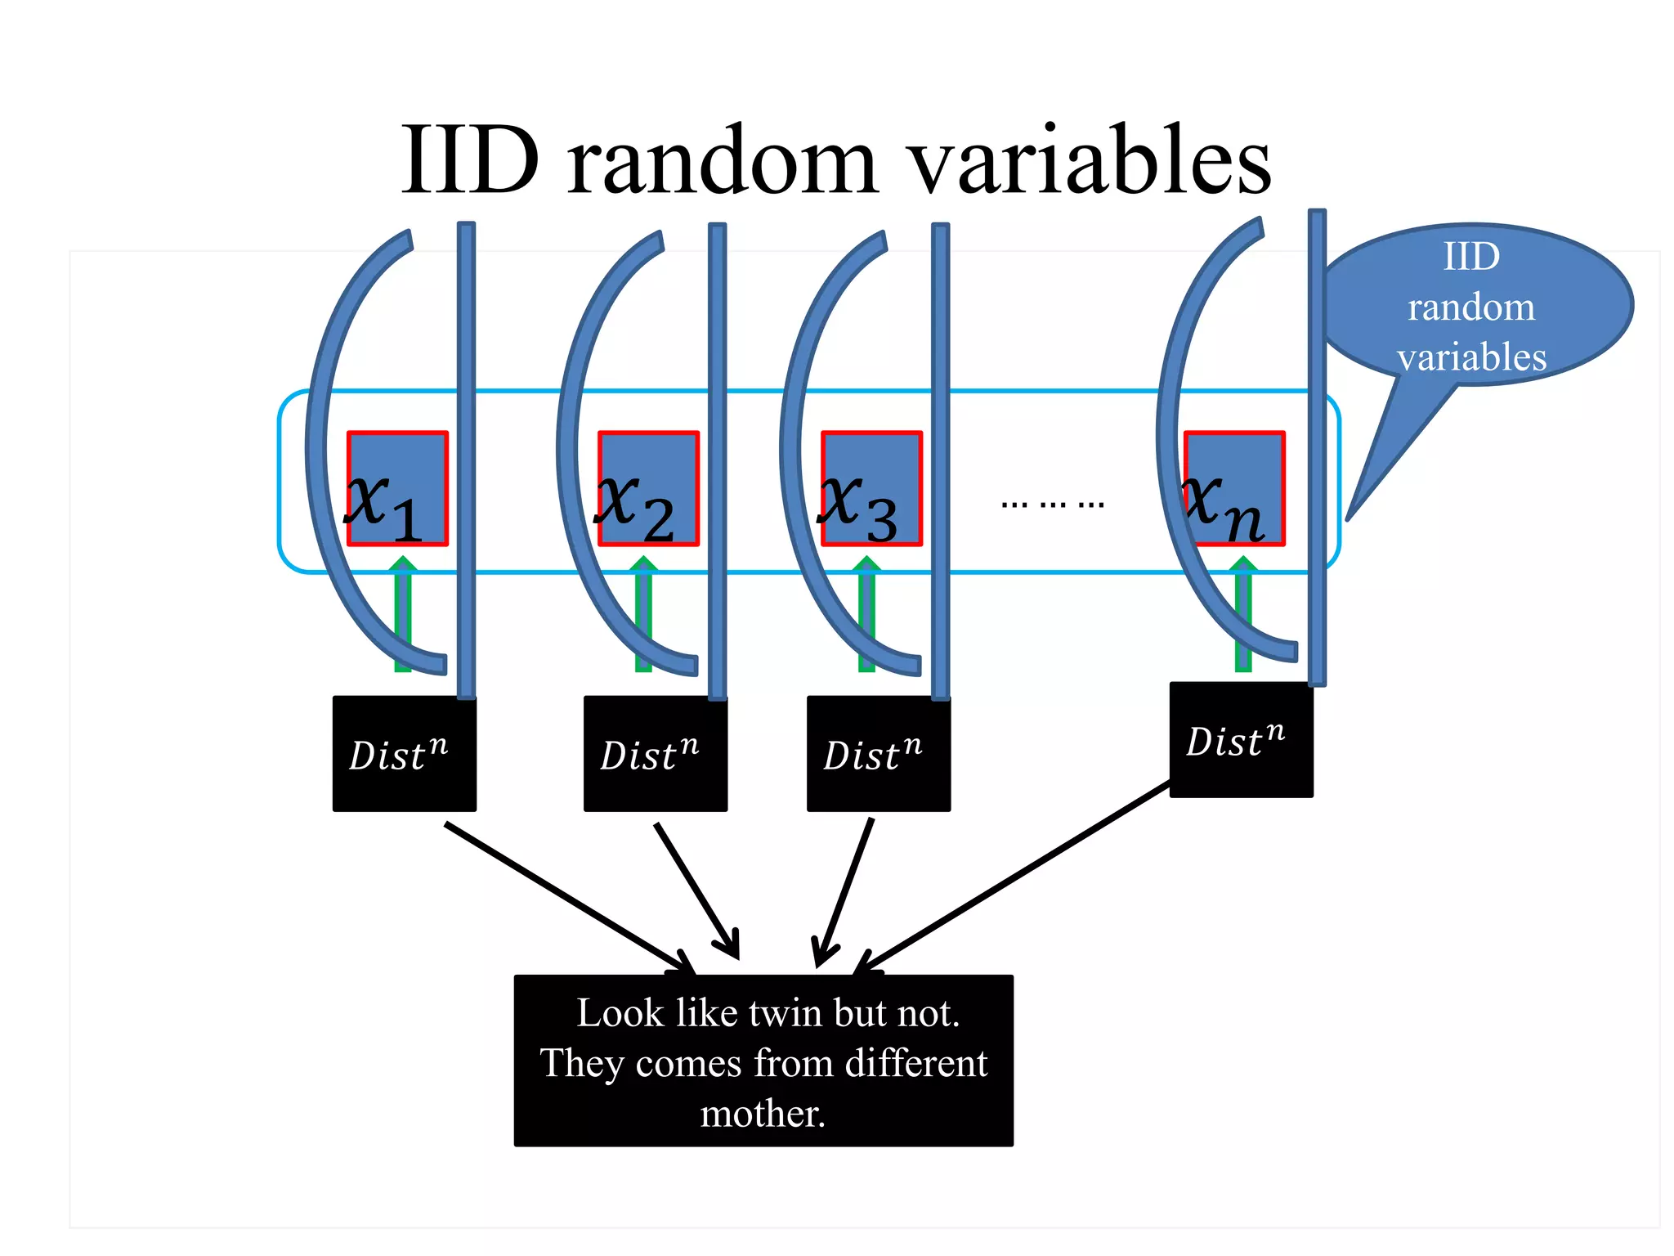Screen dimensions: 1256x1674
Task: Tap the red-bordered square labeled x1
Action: [x=397, y=488]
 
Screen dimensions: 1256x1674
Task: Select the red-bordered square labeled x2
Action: [x=648, y=488]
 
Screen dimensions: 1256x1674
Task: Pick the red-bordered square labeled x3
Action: [x=871, y=488]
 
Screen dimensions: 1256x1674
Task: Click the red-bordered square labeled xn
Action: [x=1234, y=488]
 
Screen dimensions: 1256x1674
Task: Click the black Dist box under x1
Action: [x=404, y=753]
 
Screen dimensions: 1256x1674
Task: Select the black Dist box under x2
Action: [x=655, y=753]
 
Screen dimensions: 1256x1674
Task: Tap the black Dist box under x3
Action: [x=878, y=753]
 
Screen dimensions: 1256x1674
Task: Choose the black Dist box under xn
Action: [x=1241, y=739]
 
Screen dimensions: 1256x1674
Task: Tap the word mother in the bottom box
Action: [x=759, y=1114]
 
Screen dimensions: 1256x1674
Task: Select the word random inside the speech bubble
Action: [x=1470, y=307]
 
